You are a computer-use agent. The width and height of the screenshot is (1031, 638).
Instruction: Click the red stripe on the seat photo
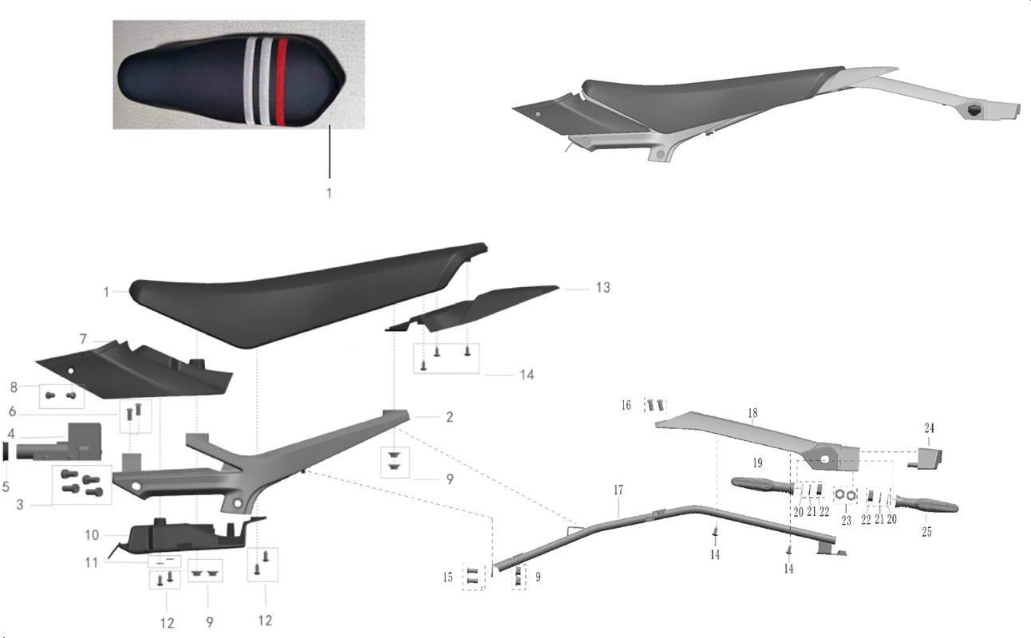pos(282,82)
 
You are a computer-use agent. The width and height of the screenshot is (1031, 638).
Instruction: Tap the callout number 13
pos(603,288)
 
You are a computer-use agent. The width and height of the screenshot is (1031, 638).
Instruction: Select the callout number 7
pos(83,340)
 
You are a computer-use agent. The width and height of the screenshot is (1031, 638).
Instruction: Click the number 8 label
pos(14,388)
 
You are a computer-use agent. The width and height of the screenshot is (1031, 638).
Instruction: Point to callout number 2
pos(449,417)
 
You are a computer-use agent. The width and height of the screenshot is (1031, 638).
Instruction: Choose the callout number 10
pos(92,535)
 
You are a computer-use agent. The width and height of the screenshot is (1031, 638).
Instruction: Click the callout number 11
pos(92,562)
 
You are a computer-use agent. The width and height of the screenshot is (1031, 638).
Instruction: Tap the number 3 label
pos(20,505)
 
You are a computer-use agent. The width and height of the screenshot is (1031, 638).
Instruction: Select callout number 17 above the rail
pos(618,490)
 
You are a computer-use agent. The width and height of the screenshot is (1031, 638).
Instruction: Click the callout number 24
pos(930,428)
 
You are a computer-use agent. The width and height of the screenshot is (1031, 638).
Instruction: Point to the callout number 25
pos(926,532)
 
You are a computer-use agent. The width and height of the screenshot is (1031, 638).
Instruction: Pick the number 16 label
pos(626,405)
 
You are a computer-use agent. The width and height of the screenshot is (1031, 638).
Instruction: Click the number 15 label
pos(448,577)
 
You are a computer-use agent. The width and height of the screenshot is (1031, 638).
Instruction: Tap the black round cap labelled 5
pos(6,451)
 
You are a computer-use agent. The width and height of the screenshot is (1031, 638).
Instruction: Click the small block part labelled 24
pos(926,458)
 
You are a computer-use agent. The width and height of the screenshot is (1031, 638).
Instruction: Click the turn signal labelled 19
pos(762,486)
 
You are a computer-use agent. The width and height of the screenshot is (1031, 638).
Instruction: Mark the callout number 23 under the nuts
pos(846,521)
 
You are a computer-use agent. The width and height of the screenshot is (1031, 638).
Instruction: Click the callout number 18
pos(753,414)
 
